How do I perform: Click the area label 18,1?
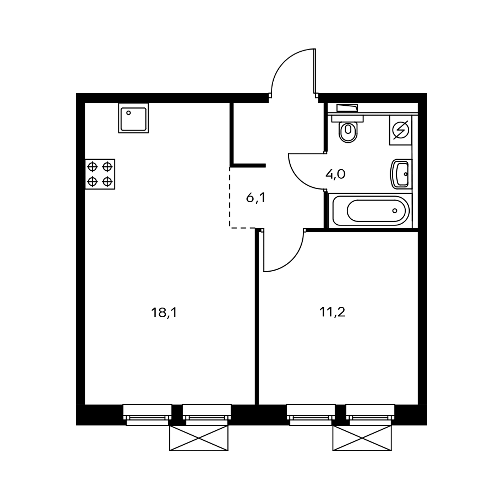click(164, 312)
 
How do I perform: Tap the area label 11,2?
click(332, 312)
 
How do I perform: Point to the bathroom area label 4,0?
click(335, 174)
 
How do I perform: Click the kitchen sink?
click(134, 118)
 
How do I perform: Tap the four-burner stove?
click(100, 174)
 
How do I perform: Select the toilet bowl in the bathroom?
click(348, 129)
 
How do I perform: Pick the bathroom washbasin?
click(401, 174)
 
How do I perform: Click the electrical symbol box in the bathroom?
click(400, 130)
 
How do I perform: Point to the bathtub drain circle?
click(395, 211)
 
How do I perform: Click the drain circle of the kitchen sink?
click(128, 113)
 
